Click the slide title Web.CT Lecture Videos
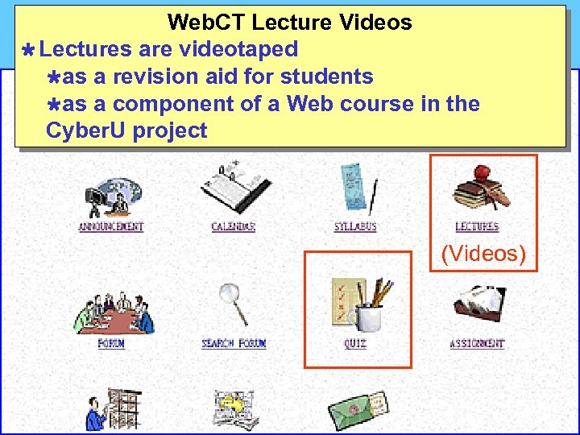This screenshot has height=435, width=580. pyautogui.click(x=289, y=23)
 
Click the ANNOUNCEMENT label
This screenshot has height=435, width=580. pyautogui.click(x=110, y=227)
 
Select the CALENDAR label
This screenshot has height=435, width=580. pyautogui.click(x=233, y=227)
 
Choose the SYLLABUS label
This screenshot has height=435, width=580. pyautogui.click(x=355, y=227)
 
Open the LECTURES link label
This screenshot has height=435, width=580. pyautogui.click(x=477, y=227)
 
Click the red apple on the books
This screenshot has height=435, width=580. pyautogui.click(x=483, y=172)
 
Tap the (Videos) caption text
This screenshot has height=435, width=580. pyautogui.click(x=483, y=255)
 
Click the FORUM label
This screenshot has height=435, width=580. pyautogui.click(x=111, y=344)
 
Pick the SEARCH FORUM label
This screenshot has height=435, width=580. pyautogui.click(x=234, y=344)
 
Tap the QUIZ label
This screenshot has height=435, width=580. pyautogui.click(x=355, y=344)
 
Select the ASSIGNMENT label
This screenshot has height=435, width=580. pyautogui.click(x=477, y=344)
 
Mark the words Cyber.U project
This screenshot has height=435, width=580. pyautogui.click(x=126, y=130)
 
